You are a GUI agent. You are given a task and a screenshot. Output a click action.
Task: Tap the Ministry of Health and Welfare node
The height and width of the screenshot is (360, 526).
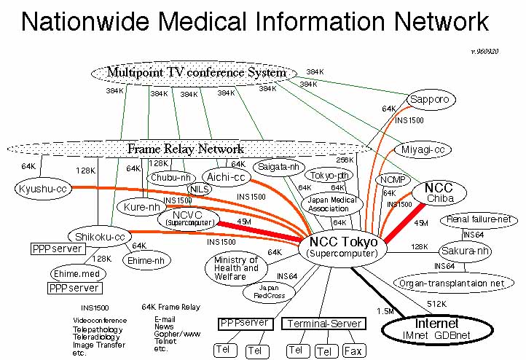(x=236, y=268)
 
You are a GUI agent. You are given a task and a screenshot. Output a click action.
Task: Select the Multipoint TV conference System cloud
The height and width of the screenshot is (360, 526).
(x=196, y=72)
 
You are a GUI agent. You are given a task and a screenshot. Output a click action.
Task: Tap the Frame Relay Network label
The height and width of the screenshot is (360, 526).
(x=185, y=149)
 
